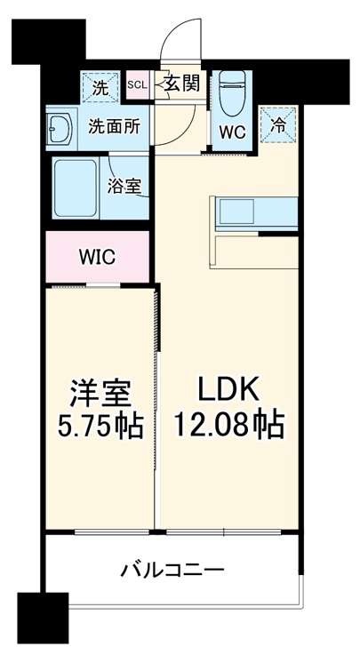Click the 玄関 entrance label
[x=182, y=85]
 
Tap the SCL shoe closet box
[x=138, y=85]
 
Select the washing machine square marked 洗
[x=100, y=88]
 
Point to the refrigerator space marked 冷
[x=278, y=124]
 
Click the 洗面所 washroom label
[x=114, y=126]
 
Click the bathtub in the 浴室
[x=78, y=189]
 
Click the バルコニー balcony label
[x=173, y=570]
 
